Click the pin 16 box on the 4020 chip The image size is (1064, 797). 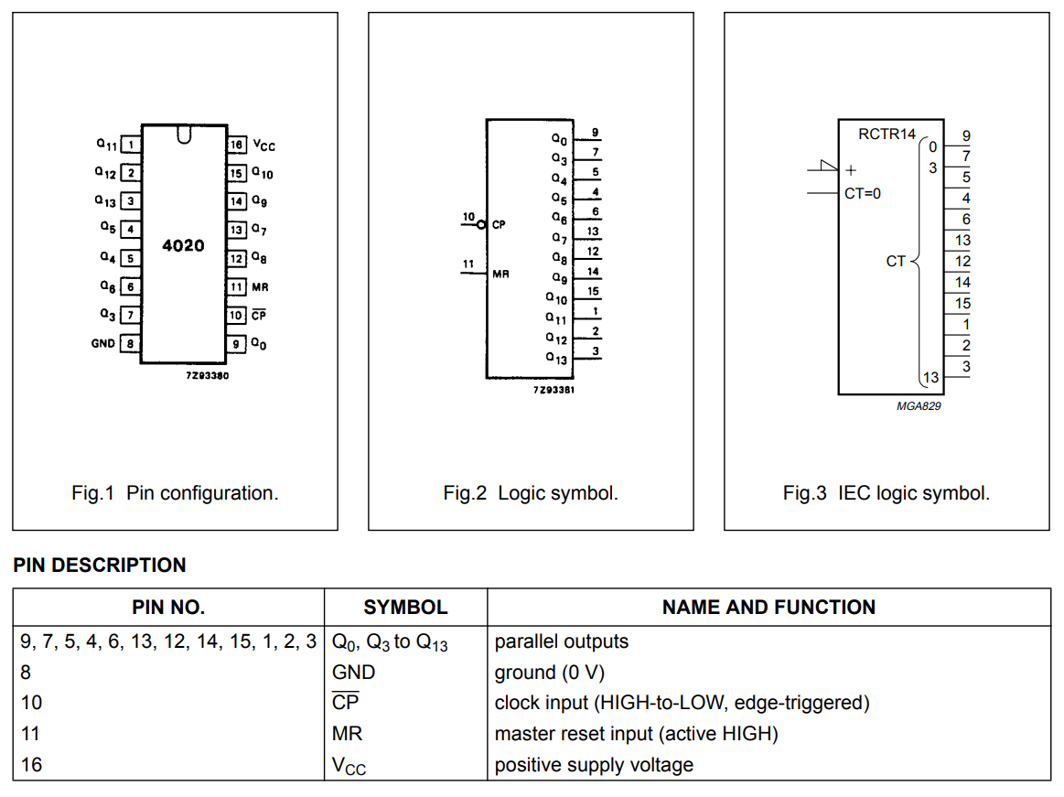point(236,145)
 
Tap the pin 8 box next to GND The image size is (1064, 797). point(130,343)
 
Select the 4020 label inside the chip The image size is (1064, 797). point(183,245)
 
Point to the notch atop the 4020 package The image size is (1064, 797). point(184,135)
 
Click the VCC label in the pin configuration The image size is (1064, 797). point(264,145)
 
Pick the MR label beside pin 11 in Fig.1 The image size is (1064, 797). point(260,287)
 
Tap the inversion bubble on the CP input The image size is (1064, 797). point(481,225)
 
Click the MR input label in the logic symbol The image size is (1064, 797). point(500,274)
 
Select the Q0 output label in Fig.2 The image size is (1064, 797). point(559,139)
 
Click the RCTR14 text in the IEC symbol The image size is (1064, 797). point(887,134)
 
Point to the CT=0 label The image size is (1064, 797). point(863,193)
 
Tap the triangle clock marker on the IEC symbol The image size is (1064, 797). point(829,165)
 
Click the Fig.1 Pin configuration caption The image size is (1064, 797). point(175,493)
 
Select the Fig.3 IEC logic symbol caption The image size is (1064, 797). point(887,493)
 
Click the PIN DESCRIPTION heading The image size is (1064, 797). point(100,565)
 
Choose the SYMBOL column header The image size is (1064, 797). point(406,607)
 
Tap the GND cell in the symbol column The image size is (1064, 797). point(353,672)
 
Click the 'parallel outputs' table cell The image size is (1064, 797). point(561,641)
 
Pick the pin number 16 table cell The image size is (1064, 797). point(31,764)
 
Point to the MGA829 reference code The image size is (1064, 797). point(919,406)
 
